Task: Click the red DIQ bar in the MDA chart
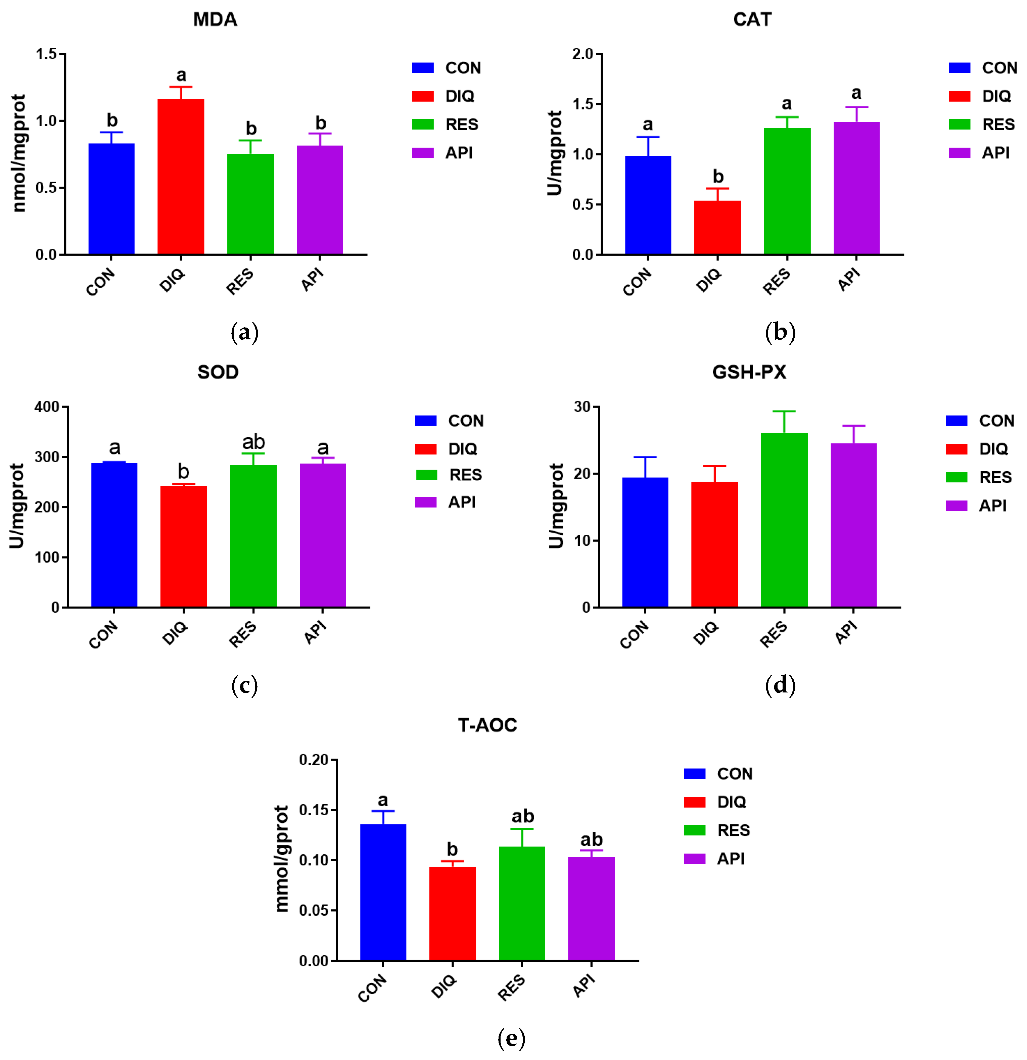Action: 181,176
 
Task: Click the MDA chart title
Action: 215,19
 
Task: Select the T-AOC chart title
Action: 487,725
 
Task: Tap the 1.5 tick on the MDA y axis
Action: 46,54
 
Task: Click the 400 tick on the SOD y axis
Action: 47,407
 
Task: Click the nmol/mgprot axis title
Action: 19,153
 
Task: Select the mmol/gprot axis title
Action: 282,858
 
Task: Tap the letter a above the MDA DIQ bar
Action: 181,75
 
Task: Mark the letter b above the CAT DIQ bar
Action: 718,176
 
